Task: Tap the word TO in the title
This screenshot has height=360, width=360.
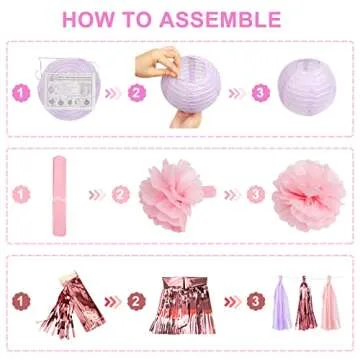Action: click(151, 19)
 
